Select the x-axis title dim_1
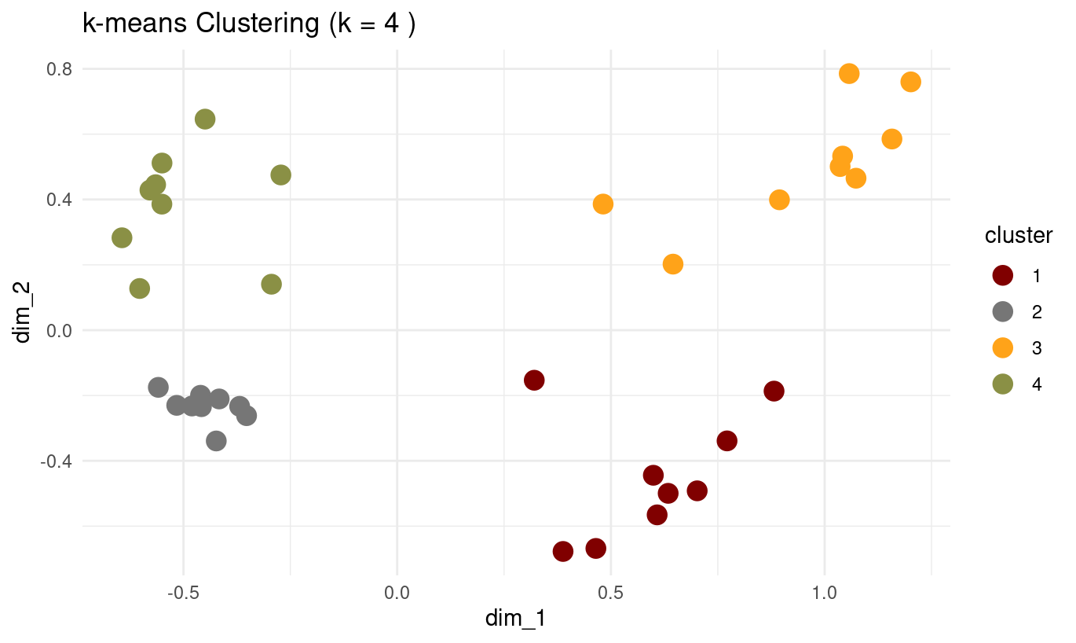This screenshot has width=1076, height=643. tap(515, 619)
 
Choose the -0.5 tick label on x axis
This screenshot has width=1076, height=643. tap(183, 592)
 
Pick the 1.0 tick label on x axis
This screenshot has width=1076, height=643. tap(824, 592)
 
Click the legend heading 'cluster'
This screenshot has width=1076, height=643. tap(1019, 236)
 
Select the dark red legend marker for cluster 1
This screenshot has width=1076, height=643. tap(1003, 276)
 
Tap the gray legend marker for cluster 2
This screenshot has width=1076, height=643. tap(1003, 312)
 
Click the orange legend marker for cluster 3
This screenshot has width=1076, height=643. tap(1003, 347)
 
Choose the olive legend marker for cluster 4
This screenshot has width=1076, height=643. tap(1003, 384)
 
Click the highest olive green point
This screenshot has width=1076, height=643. tap(205, 119)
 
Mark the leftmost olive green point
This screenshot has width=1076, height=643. tap(122, 237)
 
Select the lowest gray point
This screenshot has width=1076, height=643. tap(216, 441)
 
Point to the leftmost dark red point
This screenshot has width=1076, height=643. tap(534, 380)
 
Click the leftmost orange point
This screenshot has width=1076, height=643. tap(602, 204)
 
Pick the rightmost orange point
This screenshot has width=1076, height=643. tap(910, 82)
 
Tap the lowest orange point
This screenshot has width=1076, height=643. tap(672, 264)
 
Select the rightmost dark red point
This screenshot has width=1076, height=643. tap(774, 391)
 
